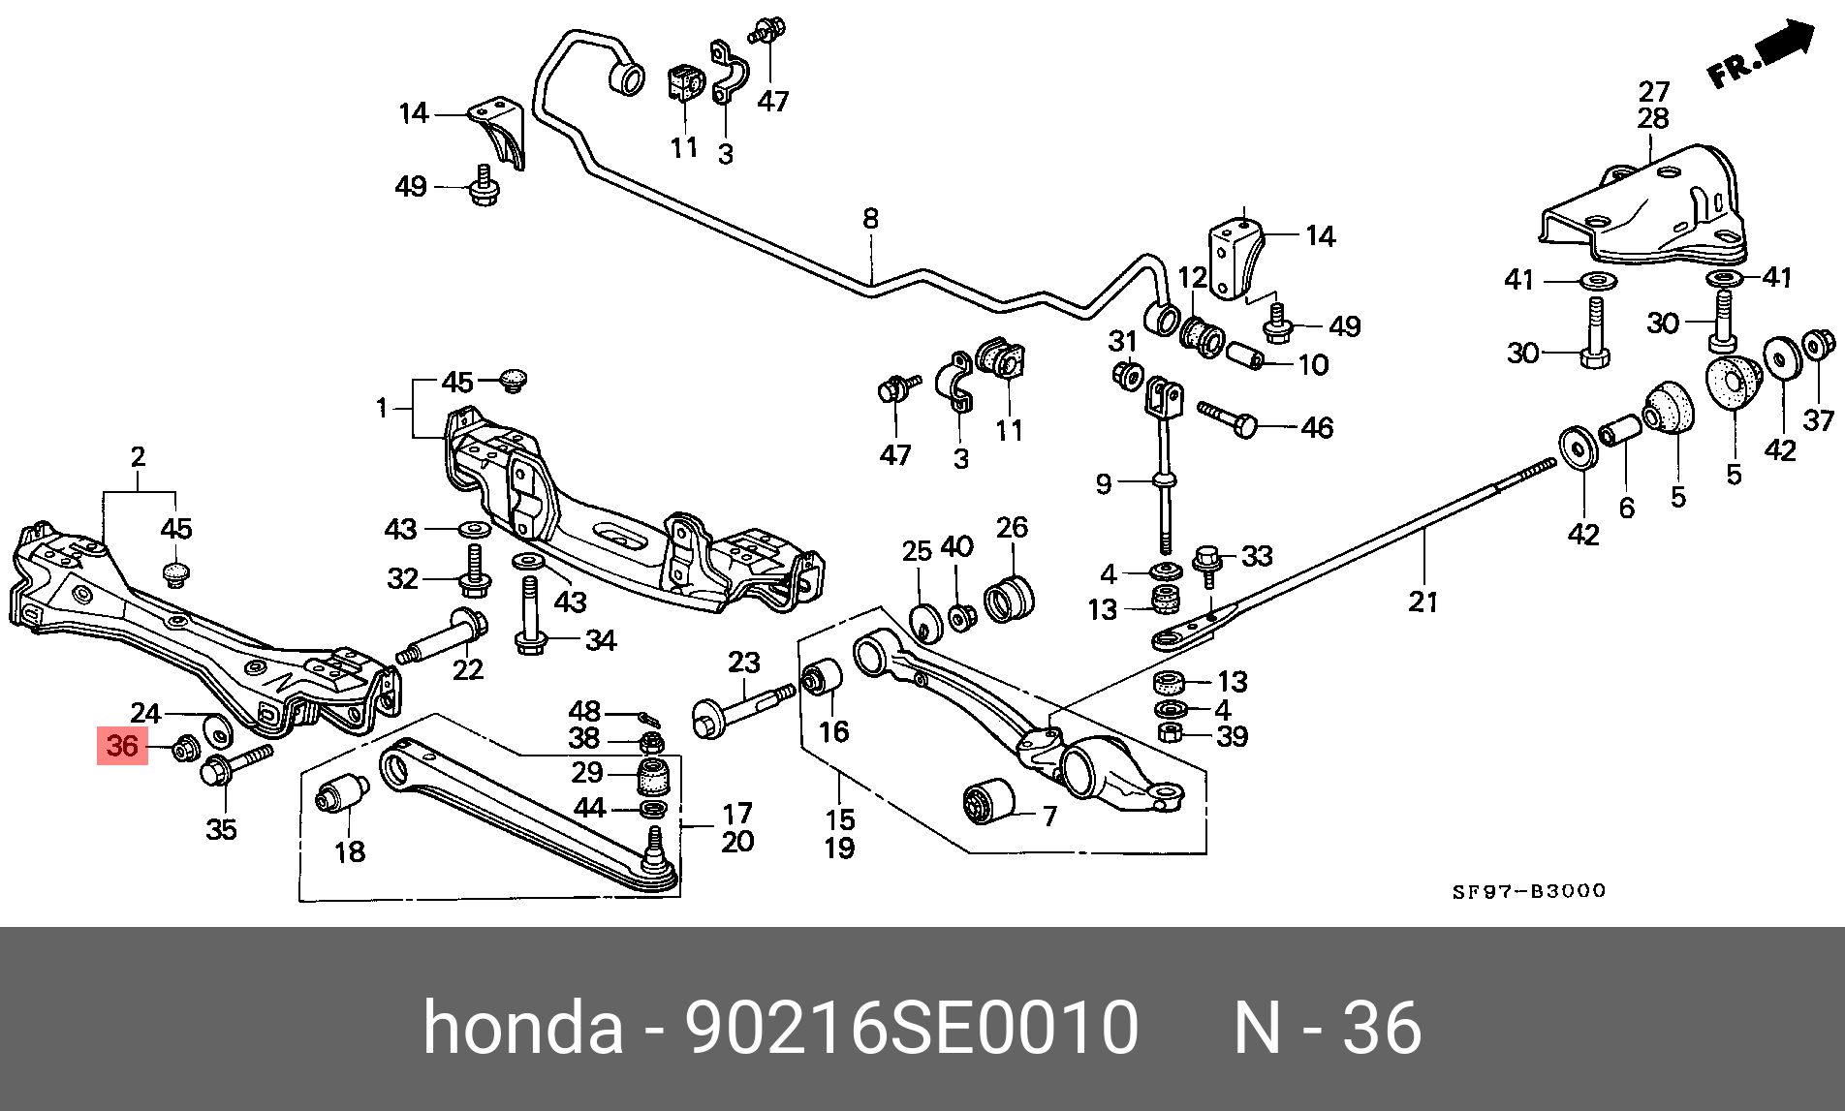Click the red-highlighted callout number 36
coord(122,746)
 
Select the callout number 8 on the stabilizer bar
coord(870,219)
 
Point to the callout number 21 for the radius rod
coord(1423,602)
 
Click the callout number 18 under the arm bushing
coord(350,851)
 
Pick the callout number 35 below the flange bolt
coord(221,829)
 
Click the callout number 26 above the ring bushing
coord(1012,528)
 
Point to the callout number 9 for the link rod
coord(1103,482)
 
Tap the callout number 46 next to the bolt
coord(1317,427)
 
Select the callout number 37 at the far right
coord(1818,420)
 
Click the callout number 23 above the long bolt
coord(744,663)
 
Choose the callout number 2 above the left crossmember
coord(138,457)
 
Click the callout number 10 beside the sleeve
coord(1313,365)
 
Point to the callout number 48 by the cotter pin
coord(584,712)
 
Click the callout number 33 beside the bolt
coord(1257,557)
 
